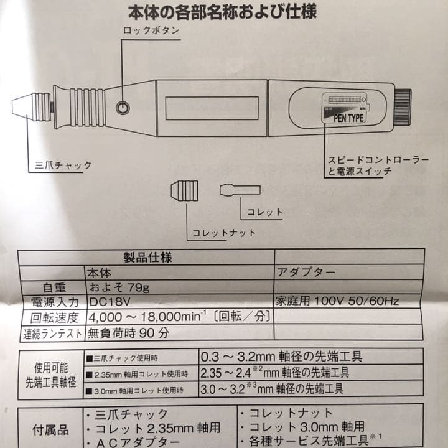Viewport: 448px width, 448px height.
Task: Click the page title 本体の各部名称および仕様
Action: pyautogui.click(x=225, y=12)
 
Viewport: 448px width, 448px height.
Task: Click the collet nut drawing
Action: pyautogui.click(x=184, y=192)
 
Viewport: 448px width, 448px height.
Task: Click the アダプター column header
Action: pyautogui.click(x=305, y=272)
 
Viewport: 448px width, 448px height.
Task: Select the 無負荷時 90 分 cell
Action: pyautogui.click(x=129, y=333)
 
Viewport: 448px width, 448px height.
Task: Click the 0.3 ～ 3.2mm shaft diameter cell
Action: pyautogui.click(x=281, y=357)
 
